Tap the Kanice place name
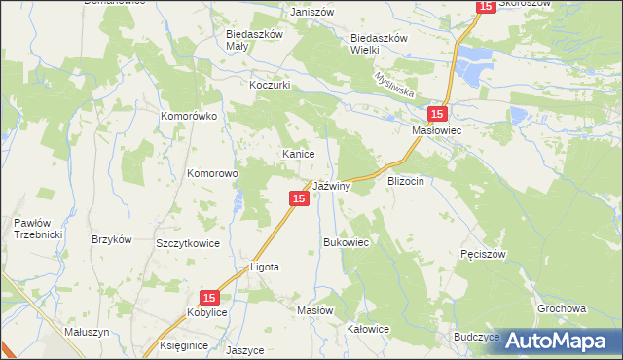pos(297,154)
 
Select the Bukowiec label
pos(346,242)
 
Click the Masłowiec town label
pos(436,128)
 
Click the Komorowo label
pos(213,174)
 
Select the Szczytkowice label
pos(188,243)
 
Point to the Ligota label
pos(265,266)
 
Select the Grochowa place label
pos(562,308)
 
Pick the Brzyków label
pos(111,239)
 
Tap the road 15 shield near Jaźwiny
pos(299,198)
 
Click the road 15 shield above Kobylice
pos(209,297)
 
